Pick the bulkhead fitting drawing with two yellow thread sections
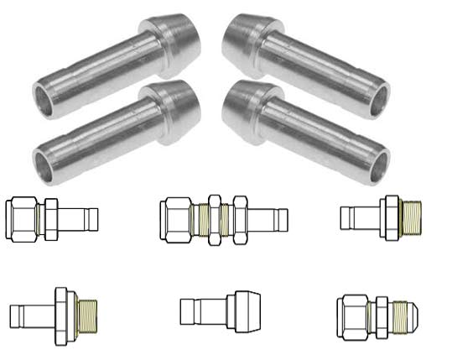click(x=222, y=221)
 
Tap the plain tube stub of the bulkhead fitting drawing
click(x=277, y=221)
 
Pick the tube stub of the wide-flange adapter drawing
click(x=30, y=316)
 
